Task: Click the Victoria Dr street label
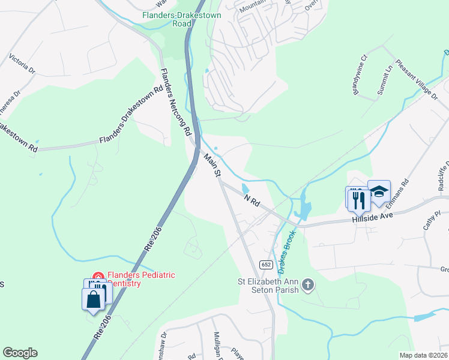tap(22, 64)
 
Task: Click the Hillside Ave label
tap(372, 217)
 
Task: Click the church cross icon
tap(308, 284)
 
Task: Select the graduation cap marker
tap(379, 192)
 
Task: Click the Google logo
tap(20, 353)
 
